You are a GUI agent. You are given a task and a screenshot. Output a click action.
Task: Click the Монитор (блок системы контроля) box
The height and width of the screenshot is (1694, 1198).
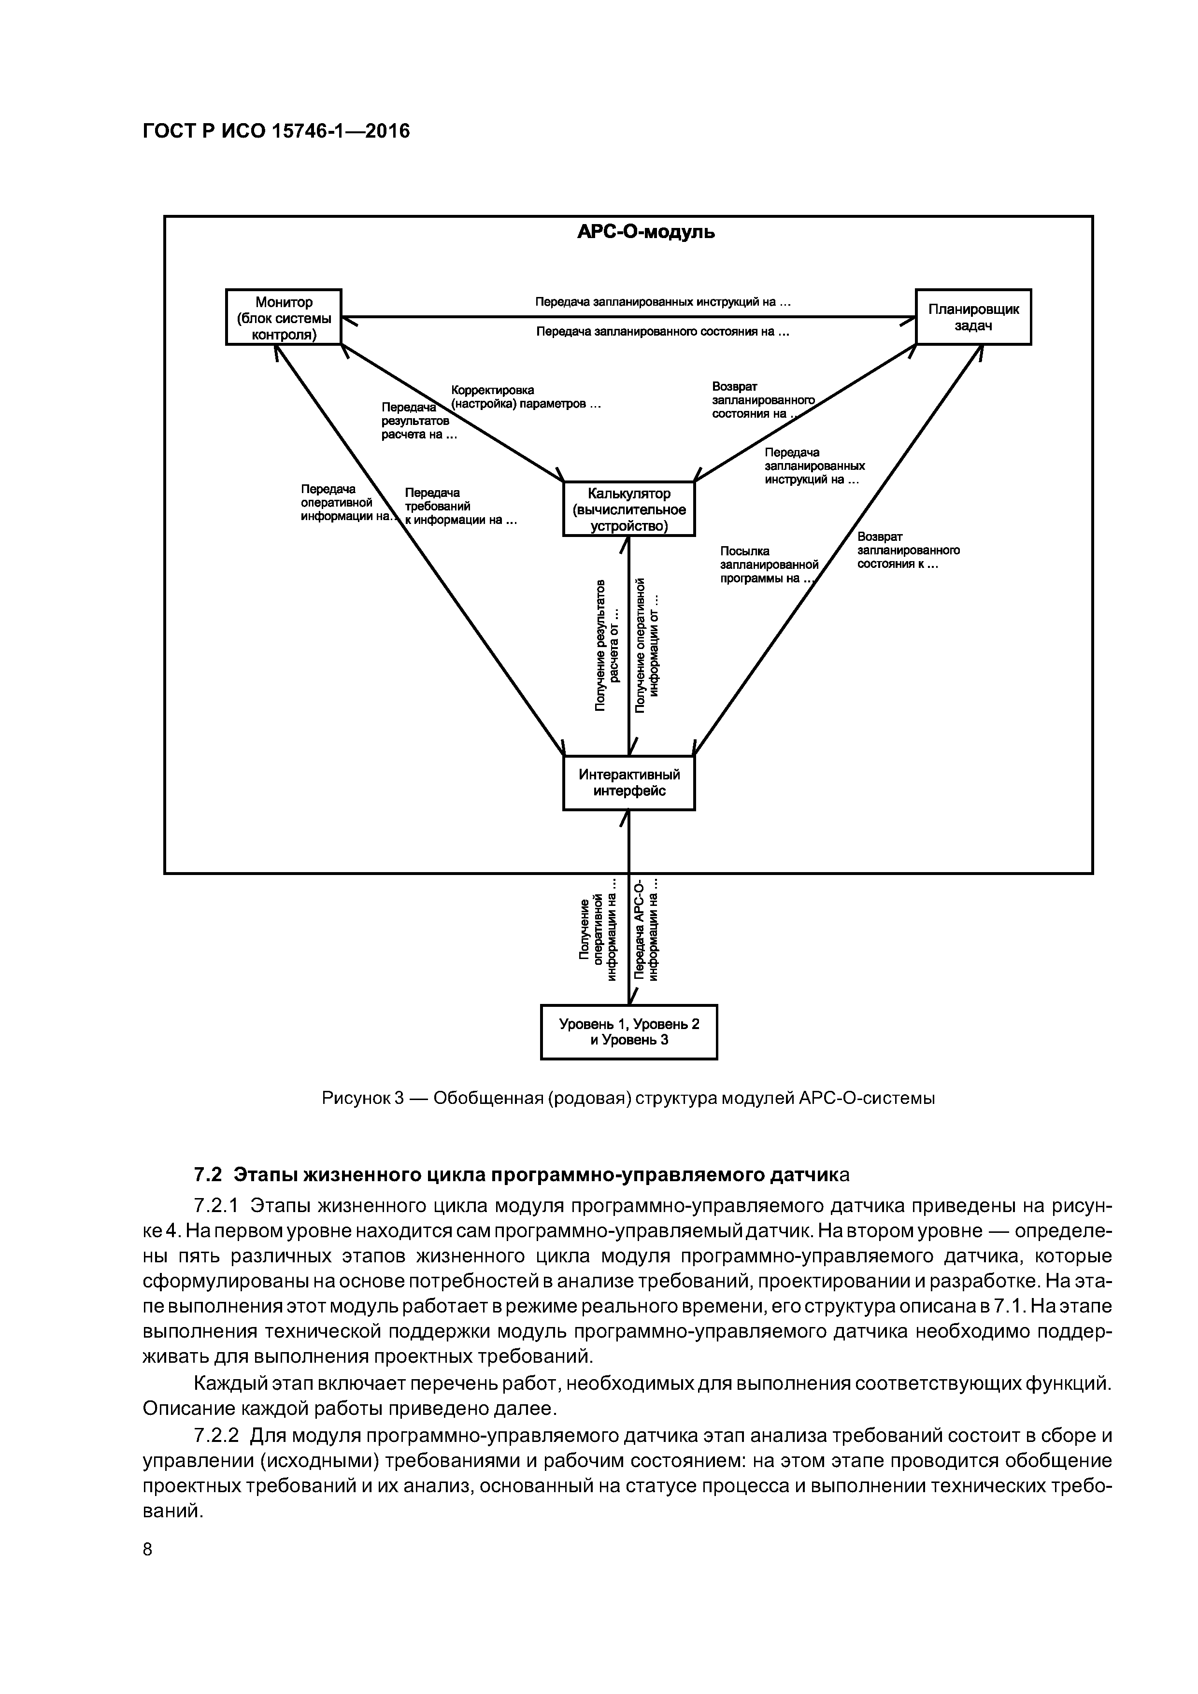[x=284, y=317]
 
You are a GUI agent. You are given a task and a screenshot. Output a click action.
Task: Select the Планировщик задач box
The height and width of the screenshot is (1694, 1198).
[x=973, y=317]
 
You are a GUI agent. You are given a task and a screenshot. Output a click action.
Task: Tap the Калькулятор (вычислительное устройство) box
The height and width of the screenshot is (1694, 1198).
[x=629, y=509]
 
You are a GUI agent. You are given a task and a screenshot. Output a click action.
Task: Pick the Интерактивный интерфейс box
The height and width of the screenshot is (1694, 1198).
[x=629, y=783]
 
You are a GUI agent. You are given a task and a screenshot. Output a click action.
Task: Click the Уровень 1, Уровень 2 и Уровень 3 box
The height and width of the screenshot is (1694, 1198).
[x=629, y=1031]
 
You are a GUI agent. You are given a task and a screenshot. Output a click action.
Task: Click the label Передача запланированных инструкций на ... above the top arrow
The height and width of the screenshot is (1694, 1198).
[x=663, y=302]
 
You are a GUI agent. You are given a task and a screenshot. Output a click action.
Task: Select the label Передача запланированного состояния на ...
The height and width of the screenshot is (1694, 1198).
[x=663, y=332]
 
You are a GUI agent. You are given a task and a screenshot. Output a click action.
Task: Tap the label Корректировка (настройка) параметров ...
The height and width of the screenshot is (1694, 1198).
[x=526, y=397]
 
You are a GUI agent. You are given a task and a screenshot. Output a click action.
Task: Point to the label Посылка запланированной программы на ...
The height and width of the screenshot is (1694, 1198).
[x=768, y=565]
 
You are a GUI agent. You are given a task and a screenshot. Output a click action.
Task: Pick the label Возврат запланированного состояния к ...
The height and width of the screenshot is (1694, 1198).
[x=908, y=551]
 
